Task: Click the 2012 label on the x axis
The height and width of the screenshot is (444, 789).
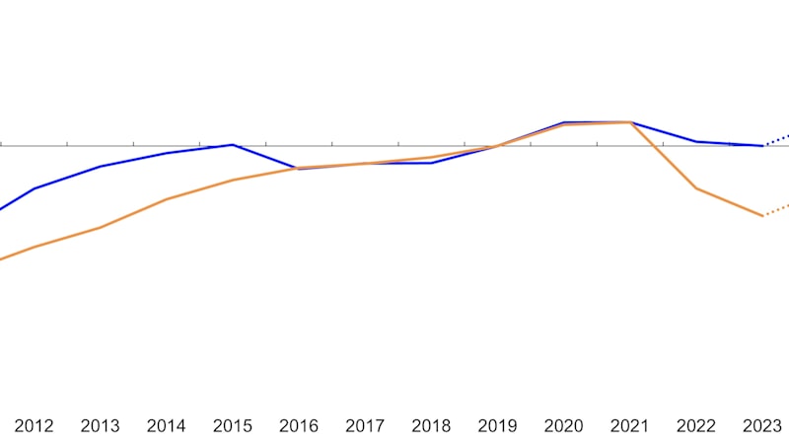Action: click(34, 426)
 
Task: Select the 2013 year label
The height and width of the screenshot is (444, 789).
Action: click(100, 426)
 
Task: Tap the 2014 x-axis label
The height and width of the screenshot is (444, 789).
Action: click(166, 426)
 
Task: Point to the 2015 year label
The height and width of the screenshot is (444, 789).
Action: click(232, 426)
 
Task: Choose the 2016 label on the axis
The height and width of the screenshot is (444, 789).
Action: click(299, 426)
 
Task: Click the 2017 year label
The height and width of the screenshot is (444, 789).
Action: click(365, 426)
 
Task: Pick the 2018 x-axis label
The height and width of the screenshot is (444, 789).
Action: click(431, 426)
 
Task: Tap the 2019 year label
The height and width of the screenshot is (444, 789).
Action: click(497, 426)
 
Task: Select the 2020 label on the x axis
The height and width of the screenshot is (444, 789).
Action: click(563, 426)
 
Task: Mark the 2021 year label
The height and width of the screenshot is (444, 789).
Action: click(629, 426)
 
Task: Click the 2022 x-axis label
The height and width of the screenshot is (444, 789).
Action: click(695, 426)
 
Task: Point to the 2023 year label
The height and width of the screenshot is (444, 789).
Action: click(761, 426)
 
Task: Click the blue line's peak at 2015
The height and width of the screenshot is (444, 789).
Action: click(232, 145)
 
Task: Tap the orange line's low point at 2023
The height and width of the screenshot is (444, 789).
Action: click(763, 216)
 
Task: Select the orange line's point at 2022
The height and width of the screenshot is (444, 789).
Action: click(696, 188)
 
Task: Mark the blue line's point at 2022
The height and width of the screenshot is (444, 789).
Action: click(696, 142)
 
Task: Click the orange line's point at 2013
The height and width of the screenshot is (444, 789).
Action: click(100, 228)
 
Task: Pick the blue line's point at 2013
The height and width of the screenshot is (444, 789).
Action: click(100, 167)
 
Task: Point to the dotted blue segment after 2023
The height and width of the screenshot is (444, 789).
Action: click(777, 140)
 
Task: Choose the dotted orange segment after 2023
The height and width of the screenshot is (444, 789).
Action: click(777, 210)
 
